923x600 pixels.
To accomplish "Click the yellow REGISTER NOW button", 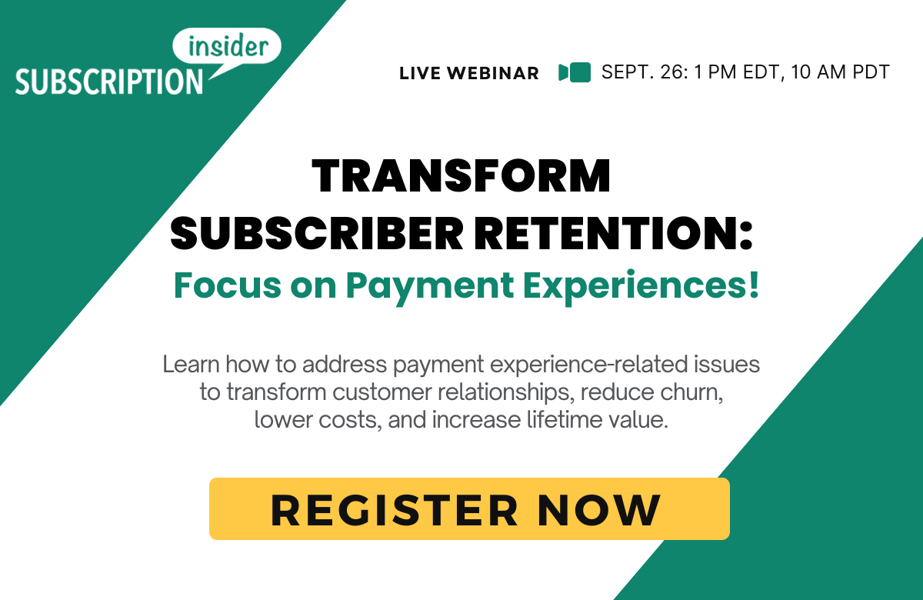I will click(469, 508).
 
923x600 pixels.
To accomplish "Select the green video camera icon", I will click(575, 72).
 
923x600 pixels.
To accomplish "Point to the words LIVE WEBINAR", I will click(469, 74).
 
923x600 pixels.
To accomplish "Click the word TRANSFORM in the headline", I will click(461, 176).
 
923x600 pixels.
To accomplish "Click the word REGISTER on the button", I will click(395, 509).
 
